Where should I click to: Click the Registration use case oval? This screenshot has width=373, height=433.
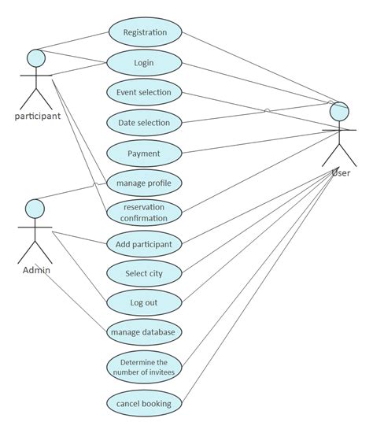[x=145, y=32]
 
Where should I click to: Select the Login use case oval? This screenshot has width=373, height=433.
[x=145, y=62]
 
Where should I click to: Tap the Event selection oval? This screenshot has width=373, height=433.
[x=145, y=92]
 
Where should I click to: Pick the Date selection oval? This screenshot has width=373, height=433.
[x=145, y=122]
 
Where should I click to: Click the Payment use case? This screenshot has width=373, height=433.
[x=145, y=153]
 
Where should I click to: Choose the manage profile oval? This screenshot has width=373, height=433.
[x=145, y=183]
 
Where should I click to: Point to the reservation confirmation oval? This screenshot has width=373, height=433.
[x=145, y=213]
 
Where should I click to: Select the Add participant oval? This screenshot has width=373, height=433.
[x=145, y=243]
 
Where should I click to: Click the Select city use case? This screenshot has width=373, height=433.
[x=145, y=273]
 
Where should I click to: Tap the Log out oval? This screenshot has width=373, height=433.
[x=145, y=302]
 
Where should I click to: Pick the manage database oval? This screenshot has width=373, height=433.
[x=145, y=331]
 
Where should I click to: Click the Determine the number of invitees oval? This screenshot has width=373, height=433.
[x=145, y=366]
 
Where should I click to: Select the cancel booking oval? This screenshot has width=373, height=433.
[x=145, y=403]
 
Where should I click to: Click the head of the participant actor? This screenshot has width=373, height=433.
[x=35, y=58]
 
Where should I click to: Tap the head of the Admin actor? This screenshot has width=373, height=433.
[x=35, y=209]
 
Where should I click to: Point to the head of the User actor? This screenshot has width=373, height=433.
[x=339, y=112]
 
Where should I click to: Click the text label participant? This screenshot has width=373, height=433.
[x=37, y=117]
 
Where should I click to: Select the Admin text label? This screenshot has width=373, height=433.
[x=35, y=270]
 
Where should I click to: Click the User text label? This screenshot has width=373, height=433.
[x=341, y=172]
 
